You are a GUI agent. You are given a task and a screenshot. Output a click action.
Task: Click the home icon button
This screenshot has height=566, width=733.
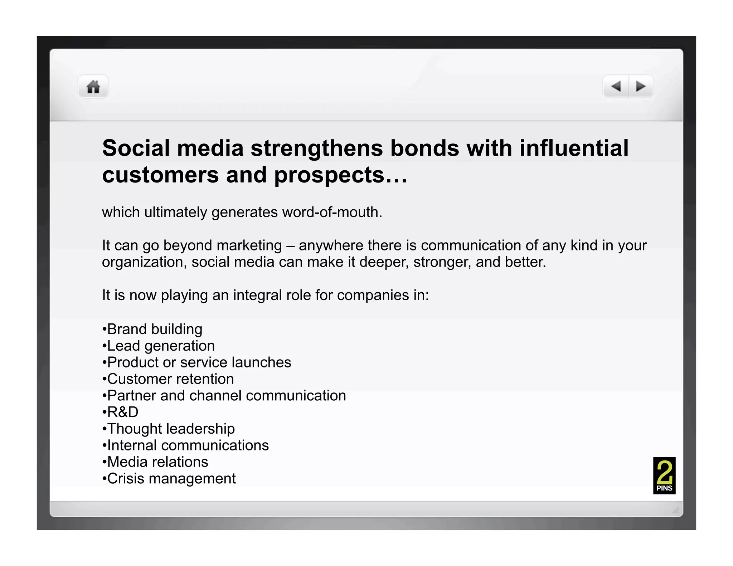pyautogui.click(x=93, y=87)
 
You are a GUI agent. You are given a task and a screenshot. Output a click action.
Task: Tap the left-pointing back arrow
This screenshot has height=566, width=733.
pyautogui.click(x=616, y=86)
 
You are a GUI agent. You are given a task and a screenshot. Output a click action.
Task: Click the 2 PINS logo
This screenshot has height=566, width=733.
pyautogui.click(x=664, y=475)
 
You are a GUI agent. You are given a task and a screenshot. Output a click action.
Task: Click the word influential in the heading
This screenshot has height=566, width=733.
pyautogui.click(x=574, y=148)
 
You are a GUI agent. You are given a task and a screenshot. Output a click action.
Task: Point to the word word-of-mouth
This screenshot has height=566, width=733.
pyautogui.click(x=332, y=212)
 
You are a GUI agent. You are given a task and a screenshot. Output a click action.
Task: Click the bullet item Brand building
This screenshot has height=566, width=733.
pyautogui.click(x=154, y=329)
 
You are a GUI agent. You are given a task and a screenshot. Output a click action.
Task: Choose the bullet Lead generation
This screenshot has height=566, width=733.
pyautogui.click(x=161, y=346)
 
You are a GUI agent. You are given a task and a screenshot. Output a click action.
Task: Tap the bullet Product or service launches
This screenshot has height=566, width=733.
pyautogui.click(x=199, y=362)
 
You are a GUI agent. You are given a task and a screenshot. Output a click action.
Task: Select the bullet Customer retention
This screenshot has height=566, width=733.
pyautogui.click(x=170, y=379)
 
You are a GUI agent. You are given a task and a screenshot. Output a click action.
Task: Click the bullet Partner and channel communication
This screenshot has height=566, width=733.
pyautogui.click(x=226, y=396)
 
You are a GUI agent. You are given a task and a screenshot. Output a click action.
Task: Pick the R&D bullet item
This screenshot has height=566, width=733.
pyautogui.click(x=122, y=412)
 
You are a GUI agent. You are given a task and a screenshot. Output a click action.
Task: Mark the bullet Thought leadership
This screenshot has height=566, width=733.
pyautogui.click(x=171, y=429)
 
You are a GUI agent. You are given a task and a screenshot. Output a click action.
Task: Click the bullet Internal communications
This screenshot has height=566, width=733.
pyautogui.click(x=188, y=445)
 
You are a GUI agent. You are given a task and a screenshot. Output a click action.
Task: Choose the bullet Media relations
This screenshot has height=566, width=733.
pyautogui.click(x=157, y=462)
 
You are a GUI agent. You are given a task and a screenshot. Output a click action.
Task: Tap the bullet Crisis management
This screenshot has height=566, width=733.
pyautogui.click(x=171, y=479)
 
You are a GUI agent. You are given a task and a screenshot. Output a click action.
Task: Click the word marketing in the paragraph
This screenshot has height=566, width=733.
pyautogui.click(x=249, y=246)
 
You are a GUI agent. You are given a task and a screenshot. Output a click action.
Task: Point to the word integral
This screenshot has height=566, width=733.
pyautogui.click(x=254, y=296)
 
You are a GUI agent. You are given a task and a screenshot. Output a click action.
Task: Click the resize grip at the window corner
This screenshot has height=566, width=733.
pyautogui.click(x=675, y=510)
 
